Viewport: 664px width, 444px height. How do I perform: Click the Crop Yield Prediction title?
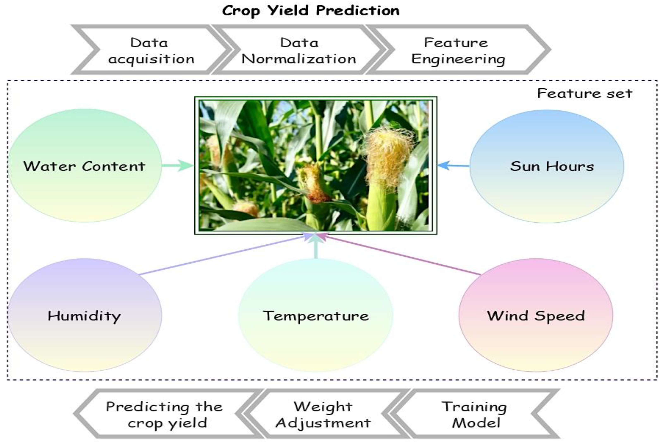coord(311,11)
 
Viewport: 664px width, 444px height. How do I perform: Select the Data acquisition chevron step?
coord(151,51)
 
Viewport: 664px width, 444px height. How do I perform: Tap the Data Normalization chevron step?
coord(299,51)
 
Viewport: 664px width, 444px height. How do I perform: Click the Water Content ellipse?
coord(85,166)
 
